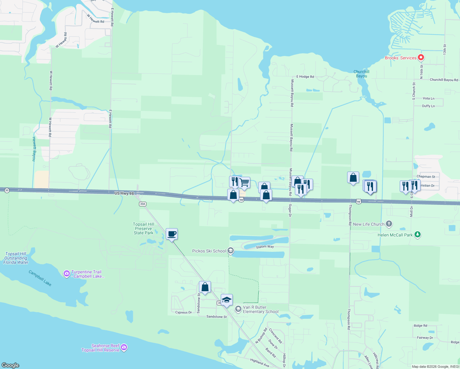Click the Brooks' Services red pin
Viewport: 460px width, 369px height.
[x=421, y=58]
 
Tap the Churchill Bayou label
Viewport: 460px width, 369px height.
[x=361, y=74]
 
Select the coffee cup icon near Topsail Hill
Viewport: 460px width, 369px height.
[x=172, y=234]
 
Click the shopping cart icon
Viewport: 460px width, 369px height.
[x=244, y=183]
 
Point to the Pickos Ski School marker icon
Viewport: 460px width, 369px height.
[x=231, y=251]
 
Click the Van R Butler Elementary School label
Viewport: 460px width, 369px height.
[x=260, y=309]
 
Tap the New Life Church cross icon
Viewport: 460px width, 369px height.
[x=389, y=224]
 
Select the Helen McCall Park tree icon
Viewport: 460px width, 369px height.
[x=417, y=235]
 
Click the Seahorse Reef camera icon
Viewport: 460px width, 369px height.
[x=124, y=347]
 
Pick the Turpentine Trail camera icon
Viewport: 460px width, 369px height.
[x=66, y=273]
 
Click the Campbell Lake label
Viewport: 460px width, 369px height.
[x=40, y=278]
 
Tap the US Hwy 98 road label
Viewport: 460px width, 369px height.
[x=124, y=193]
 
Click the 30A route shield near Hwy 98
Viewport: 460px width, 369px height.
[x=142, y=204]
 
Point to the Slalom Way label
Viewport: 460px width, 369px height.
[x=265, y=247]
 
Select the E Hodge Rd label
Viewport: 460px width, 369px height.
[x=305, y=77]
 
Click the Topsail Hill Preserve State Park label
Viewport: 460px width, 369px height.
[x=144, y=228]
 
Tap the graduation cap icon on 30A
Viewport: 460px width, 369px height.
[x=227, y=300]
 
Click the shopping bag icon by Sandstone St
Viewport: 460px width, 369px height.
[x=205, y=287]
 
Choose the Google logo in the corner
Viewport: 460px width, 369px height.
[x=10, y=365]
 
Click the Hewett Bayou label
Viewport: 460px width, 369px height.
[x=34, y=149]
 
